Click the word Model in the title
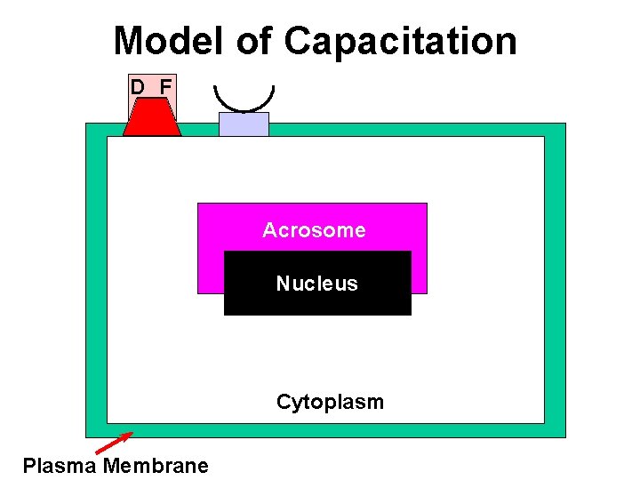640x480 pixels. click(x=169, y=41)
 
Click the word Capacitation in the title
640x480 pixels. click(x=400, y=41)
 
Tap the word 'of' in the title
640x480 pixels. click(x=255, y=41)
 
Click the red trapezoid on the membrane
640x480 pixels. click(x=152, y=117)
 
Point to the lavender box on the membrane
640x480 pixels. click(x=244, y=124)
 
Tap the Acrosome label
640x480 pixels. click(x=314, y=230)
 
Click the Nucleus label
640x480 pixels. click(x=316, y=284)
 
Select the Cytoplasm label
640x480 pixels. click(x=330, y=402)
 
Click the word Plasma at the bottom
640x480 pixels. click(x=60, y=466)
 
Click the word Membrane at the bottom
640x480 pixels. click(x=156, y=466)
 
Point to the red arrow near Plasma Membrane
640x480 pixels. click(x=114, y=442)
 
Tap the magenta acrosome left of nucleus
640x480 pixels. click(x=210, y=267)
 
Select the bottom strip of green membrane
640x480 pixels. click(x=325, y=429)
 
